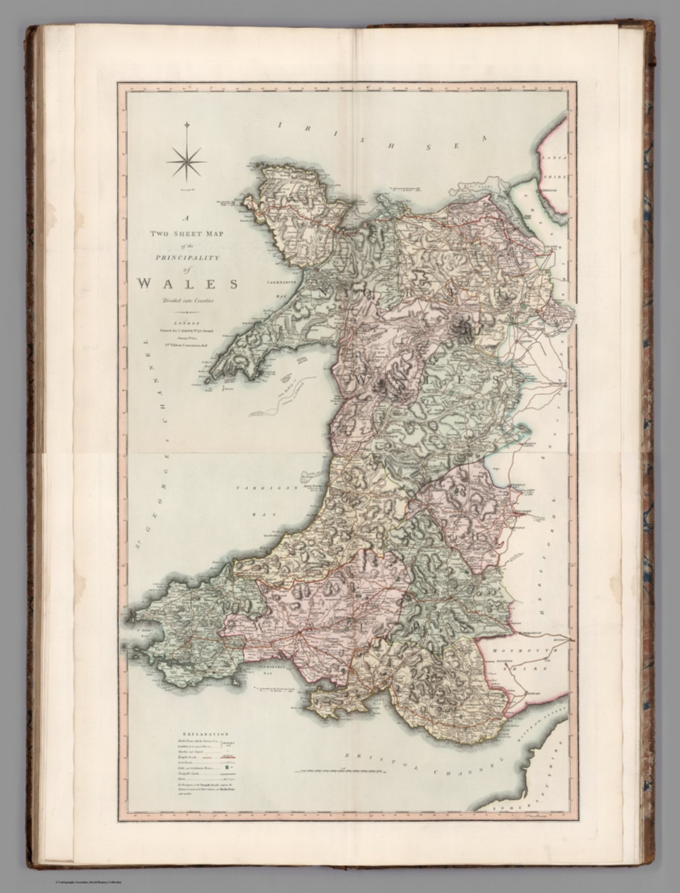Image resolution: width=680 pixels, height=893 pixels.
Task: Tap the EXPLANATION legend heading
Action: (205, 734)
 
